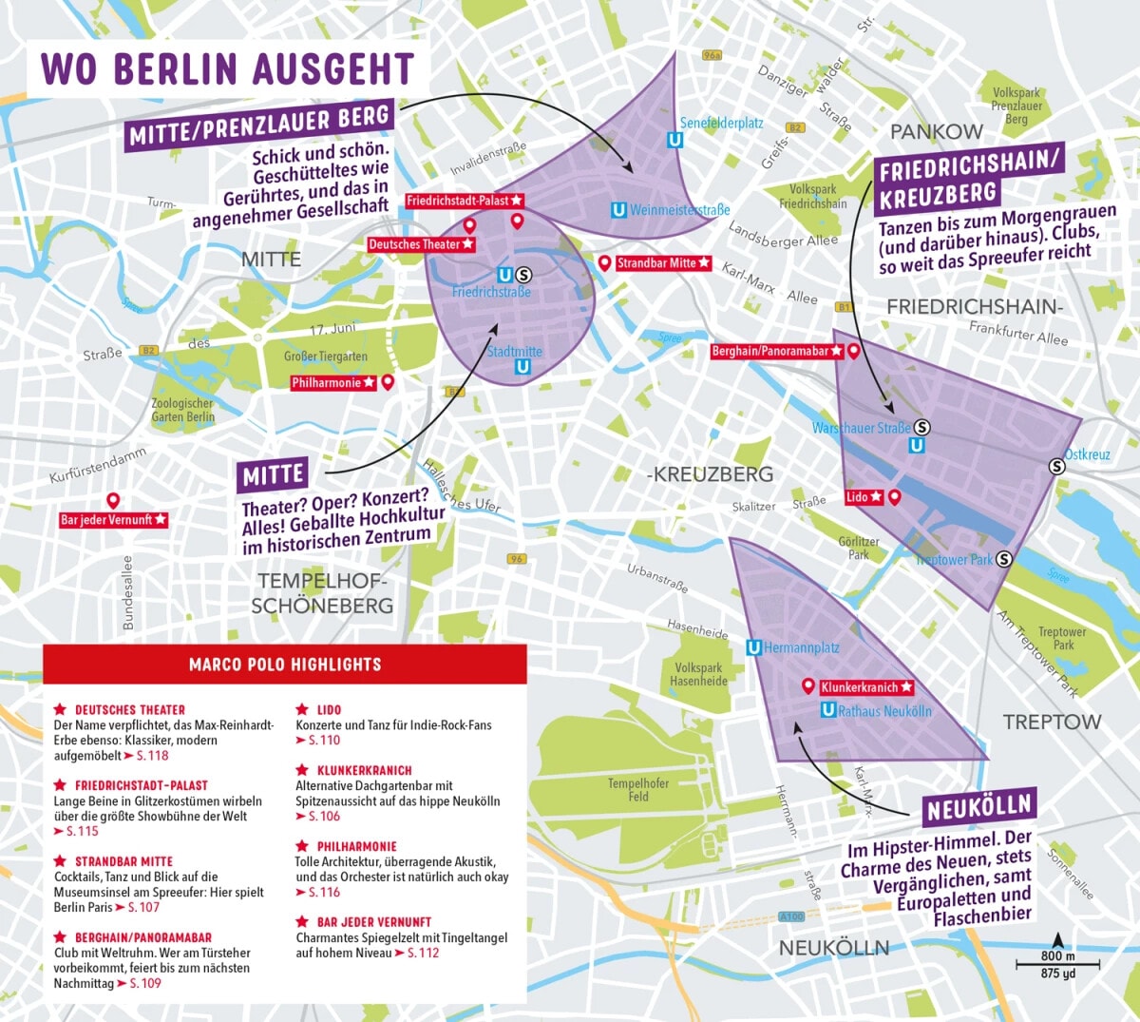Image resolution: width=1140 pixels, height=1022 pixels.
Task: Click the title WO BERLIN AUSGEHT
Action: pyautogui.click(x=228, y=68)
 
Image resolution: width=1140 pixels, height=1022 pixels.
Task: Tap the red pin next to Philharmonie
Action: pyautogui.click(x=388, y=382)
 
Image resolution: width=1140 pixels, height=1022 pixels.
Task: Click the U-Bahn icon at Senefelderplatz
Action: pyautogui.click(x=674, y=141)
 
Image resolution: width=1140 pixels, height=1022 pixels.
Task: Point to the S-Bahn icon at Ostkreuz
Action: pyautogui.click(x=1056, y=466)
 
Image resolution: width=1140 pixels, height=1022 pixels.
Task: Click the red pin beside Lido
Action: pyautogui.click(x=894, y=497)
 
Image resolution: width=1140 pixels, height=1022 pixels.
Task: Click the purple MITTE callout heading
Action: pyautogui.click(x=274, y=475)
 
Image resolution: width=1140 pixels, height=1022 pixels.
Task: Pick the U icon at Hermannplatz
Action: pyautogui.click(x=753, y=647)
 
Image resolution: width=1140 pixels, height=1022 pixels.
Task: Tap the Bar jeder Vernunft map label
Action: pyautogui.click(x=113, y=520)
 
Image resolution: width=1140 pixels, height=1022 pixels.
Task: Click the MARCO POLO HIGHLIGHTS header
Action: pyautogui.click(x=285, y=665)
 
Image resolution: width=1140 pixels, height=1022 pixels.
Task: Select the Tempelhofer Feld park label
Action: pyautogui.click(x=637, y=790)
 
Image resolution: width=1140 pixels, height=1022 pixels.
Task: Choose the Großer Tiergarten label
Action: pyautogui.click(x=325, y=357)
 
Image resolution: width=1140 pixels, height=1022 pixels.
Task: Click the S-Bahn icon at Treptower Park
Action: pyautogui.click(x=1004, y=559)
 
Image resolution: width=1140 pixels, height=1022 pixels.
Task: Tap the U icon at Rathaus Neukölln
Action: pyautogui.click(x=828, y=710)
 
